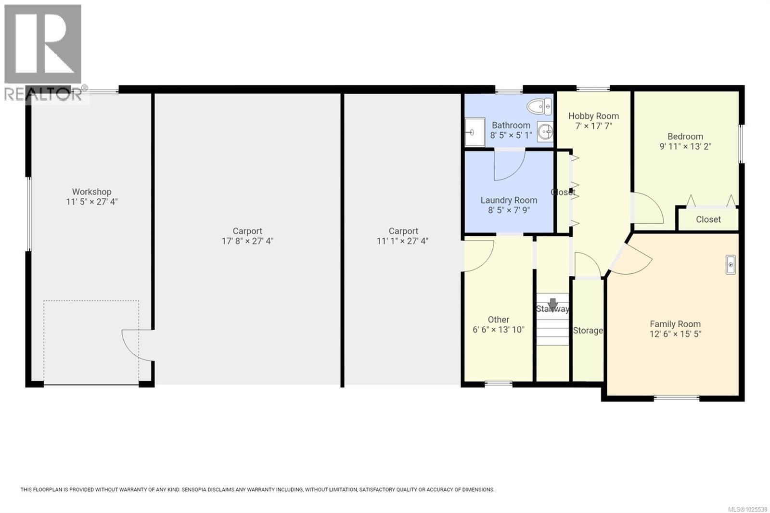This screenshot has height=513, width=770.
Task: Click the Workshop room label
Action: coord(91,192)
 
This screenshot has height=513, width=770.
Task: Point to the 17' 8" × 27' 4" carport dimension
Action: coord(247,241)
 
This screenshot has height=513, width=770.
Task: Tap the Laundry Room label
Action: coord(509,200)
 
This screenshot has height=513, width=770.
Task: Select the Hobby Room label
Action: coord(593,116)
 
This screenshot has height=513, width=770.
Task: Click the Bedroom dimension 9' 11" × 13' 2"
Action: coord(685,146)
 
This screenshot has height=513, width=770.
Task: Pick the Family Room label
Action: coord(675,324)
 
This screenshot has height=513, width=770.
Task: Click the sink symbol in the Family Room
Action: coord(730,265)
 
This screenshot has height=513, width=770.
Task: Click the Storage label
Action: coord(588,331)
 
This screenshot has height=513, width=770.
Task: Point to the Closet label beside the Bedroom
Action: coord(708,219)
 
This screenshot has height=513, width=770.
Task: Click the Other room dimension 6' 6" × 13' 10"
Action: coord(498,330)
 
